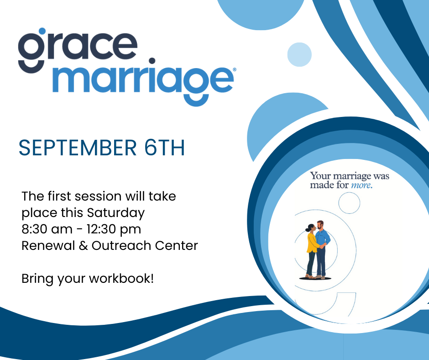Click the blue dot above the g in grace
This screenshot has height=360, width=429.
(x=42, y=31)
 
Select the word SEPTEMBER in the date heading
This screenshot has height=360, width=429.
(x=78, y=148)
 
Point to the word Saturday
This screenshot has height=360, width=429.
(x=116, y=213)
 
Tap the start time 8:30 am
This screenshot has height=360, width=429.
(x=47, y=229)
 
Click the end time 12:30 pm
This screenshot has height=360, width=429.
(x=114, y=230)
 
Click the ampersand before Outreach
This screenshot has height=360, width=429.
(x=83, y=245)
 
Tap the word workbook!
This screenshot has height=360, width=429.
(x=121, y=278)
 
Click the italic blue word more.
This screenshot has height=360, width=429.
(x=362, y=185)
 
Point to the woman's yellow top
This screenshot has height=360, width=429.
(x=312, y=243)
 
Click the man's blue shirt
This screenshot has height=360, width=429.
(x=323, y=238)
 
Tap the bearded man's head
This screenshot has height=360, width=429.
(x=320, y=225)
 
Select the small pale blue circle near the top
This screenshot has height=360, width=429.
(x=299, y=54)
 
